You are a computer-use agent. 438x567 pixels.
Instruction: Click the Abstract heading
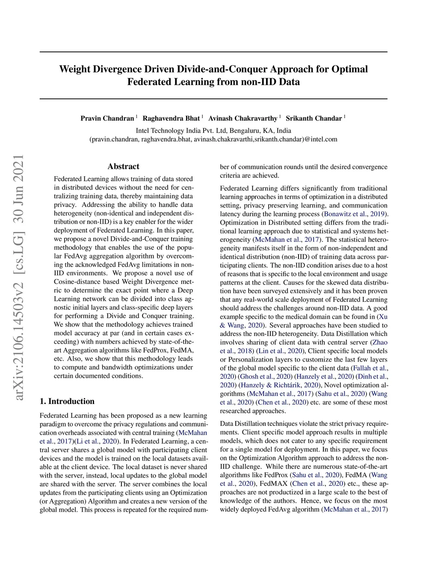tap(123, 166)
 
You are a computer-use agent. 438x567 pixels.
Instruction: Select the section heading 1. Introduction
tap(67, 401)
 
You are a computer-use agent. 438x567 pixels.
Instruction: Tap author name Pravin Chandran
tap(107, 119)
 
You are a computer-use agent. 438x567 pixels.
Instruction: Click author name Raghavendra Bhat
tap(171, 119)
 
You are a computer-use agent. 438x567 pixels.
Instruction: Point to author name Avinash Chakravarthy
tap(243, 119)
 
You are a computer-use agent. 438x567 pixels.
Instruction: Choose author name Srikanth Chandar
tap(314, 119)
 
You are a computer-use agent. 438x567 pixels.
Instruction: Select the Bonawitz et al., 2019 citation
tap(355, 214)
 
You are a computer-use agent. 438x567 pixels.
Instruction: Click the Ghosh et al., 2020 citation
tap(265, 377)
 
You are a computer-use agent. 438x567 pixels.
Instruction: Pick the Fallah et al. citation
tap(369, 368)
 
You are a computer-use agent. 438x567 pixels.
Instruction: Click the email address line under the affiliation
tap(213, 139)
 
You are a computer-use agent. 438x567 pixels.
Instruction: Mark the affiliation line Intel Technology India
tap(213, 131)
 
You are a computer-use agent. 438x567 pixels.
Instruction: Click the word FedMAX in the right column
tap(274, 484)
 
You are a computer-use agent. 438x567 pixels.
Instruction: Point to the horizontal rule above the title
tap(213, 52)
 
